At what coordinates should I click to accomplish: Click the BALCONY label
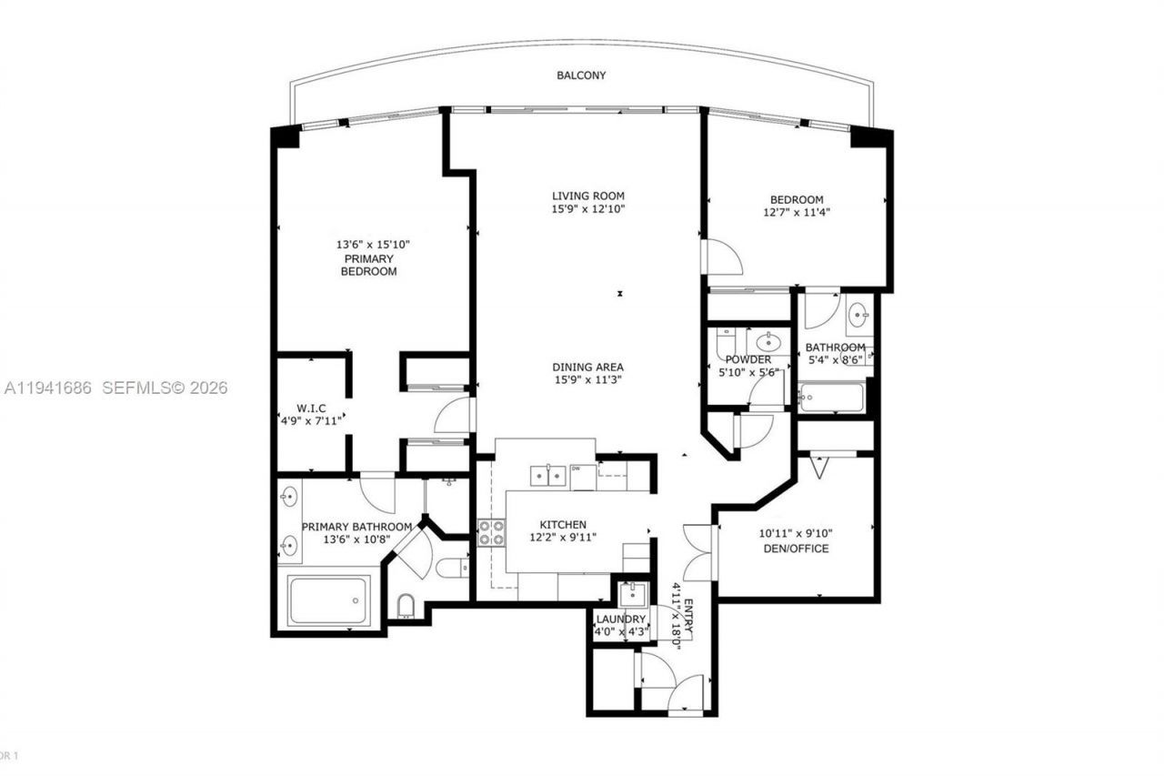point(581,76)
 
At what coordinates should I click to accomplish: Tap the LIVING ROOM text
point(588,196)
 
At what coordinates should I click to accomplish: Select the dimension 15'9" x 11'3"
point(588,380)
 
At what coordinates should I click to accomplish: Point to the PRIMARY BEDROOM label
point(368,265)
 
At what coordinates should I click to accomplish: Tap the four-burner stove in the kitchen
point(492,532)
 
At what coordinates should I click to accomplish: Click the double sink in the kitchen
point(547,474)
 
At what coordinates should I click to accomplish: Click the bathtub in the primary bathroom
point(328,600)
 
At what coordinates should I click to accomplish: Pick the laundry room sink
point(629,596)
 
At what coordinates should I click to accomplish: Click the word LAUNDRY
point(620,620)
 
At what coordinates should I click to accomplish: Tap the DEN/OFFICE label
point(795,549)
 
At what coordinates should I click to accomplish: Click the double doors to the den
point(698,553)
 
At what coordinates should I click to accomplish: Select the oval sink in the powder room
point(769,342)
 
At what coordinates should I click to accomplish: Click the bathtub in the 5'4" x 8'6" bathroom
point(831,398)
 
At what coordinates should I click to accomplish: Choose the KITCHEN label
point(563,525)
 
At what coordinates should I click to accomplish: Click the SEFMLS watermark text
point(164,388)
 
